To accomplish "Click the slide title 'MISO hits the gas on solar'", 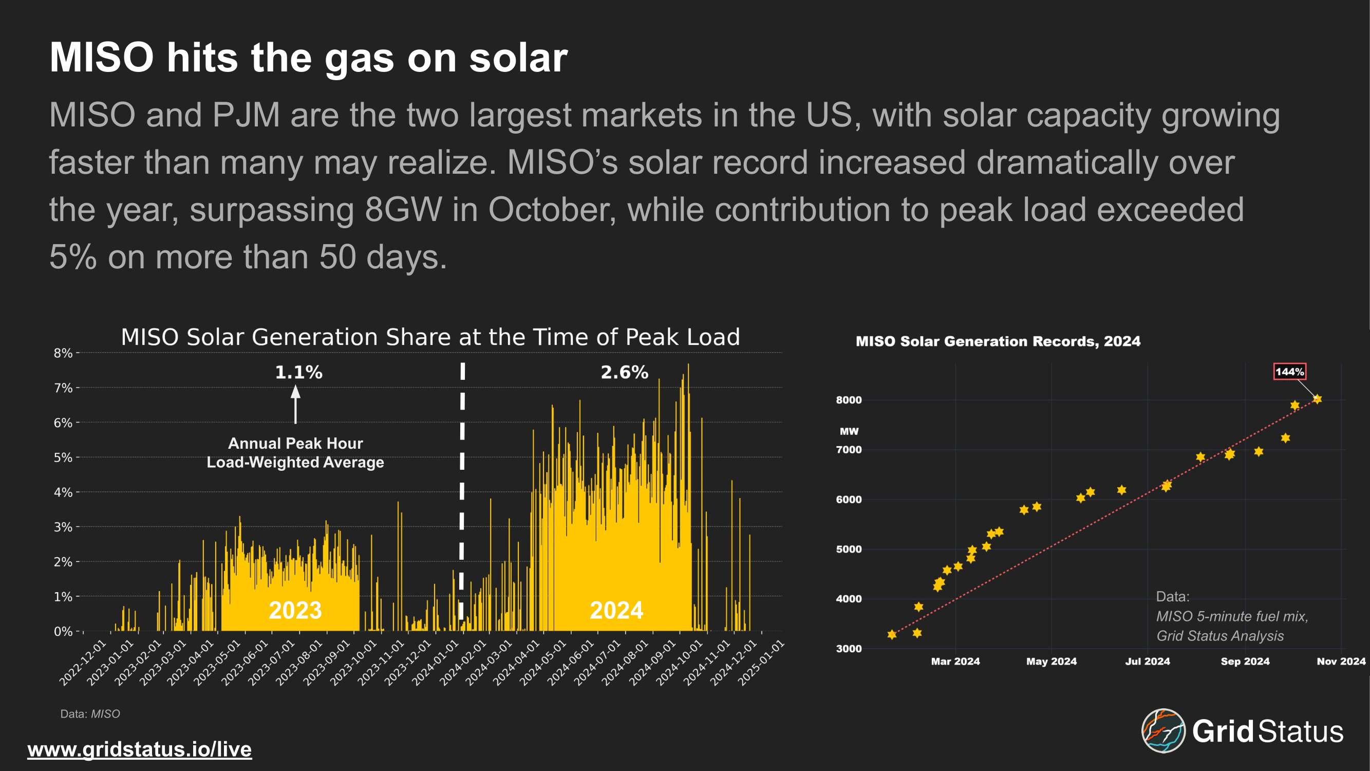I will (308, 58).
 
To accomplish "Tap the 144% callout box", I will (1290, 372).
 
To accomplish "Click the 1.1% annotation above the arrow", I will (298, 372).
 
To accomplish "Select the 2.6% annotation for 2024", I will (624, 372).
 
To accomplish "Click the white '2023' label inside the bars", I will (295, 610).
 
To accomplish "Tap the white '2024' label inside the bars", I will (616, 610).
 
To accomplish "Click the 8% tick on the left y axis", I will (63, 353).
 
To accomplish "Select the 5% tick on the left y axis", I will (63, 457).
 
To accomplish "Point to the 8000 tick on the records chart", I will (848, 400).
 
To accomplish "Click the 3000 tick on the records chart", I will (848, 649).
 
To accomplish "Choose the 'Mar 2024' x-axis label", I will (955, 662).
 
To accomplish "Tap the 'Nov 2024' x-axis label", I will (1341, 662).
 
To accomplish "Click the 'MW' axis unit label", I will (849, 432).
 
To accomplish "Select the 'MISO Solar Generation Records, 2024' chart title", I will (998, 341).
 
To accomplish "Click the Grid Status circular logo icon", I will (1163, 730).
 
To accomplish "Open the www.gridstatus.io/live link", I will (139, 749).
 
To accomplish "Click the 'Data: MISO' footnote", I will (90, 714).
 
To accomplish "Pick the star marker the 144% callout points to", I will (1317, 399).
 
